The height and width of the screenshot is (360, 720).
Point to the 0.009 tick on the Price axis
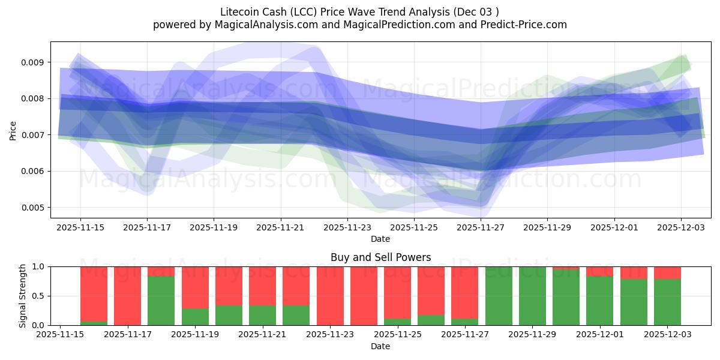pyautogui.click(x=33, y=62)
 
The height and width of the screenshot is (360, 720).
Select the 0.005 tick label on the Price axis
pyautogui.click(x=33, y=208)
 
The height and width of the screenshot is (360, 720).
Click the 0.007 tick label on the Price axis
pyautogui.click(x=33, y=135)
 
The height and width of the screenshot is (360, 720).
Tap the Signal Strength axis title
pyautogui.click(x=22, y=296)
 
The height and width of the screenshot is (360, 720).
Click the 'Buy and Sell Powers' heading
pyautogui.click(x=380, y=257)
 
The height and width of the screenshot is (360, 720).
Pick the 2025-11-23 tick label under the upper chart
pyautogui.click(x=347, y=228)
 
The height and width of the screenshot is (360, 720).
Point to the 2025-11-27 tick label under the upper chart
pyautogui.click(x=481, y=228)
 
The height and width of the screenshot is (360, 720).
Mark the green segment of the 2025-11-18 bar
pyautogui.click(x=161, y=301)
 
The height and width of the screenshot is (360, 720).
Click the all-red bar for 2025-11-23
pyautogui.click(x=330, y=296)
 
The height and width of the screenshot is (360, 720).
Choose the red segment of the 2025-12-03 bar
pyautogui.click(x=667, y=273)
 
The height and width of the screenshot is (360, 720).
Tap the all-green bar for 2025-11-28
pyautogui.click(x=499, y=296)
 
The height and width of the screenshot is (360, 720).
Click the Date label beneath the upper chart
pyautogui.click(x=380, y=239)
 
